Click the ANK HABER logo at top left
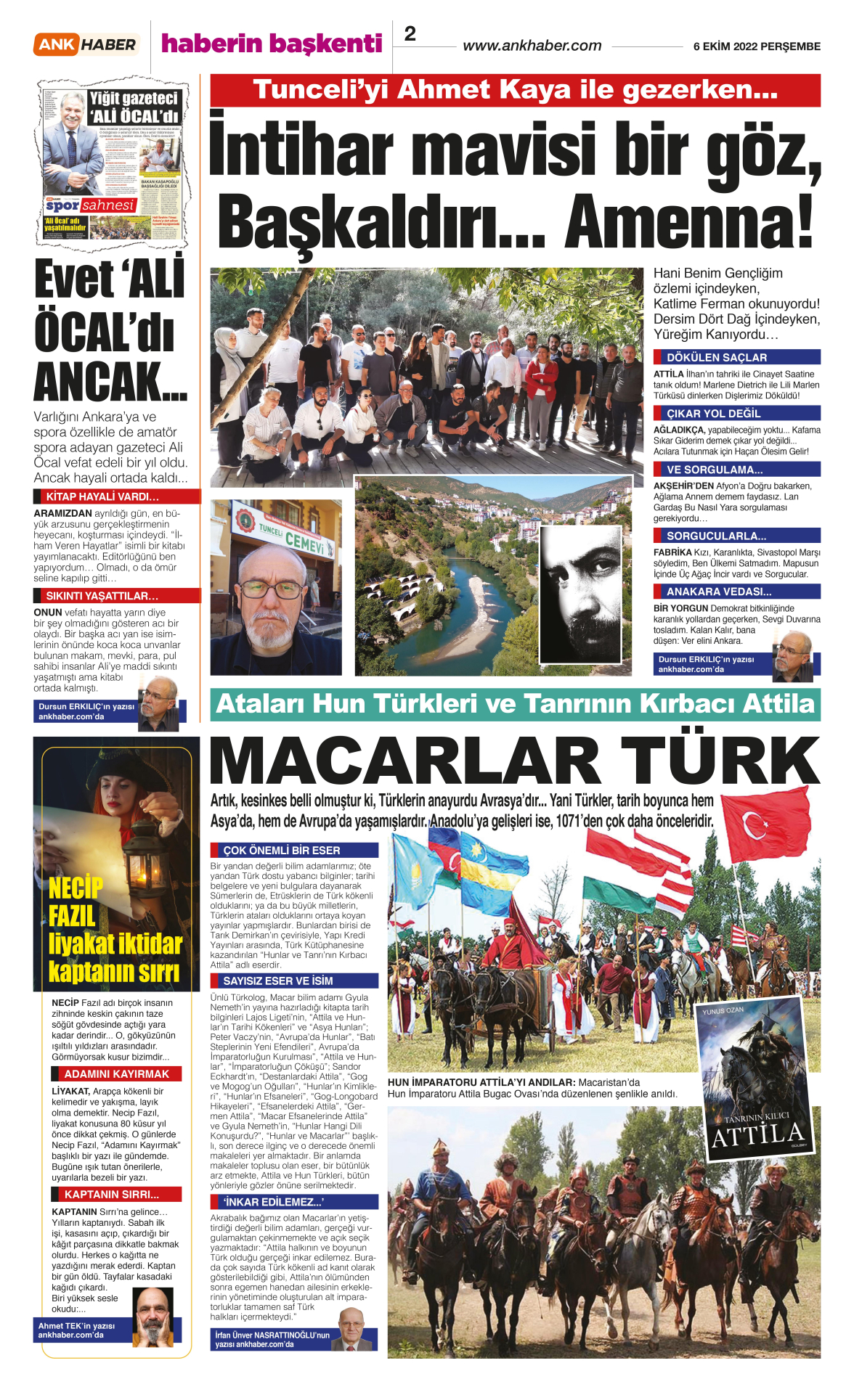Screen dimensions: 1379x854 coord(86,44)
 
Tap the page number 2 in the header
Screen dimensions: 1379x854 coord(410,34)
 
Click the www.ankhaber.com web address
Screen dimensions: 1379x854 coord(532,46)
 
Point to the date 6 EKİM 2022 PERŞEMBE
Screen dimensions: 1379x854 coord(757,46)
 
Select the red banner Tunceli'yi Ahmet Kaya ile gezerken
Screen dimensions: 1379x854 coord(515,90)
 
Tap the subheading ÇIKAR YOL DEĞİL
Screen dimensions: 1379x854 coord(713,413)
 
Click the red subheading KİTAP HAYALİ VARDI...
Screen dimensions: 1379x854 coord(102,497)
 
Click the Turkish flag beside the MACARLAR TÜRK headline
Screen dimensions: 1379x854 coord(765,822)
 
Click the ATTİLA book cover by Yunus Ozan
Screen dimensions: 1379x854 coord(755,1079)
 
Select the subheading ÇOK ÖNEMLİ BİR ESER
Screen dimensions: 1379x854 coord(281,850)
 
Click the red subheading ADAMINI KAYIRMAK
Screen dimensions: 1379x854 coord(116,1074)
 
